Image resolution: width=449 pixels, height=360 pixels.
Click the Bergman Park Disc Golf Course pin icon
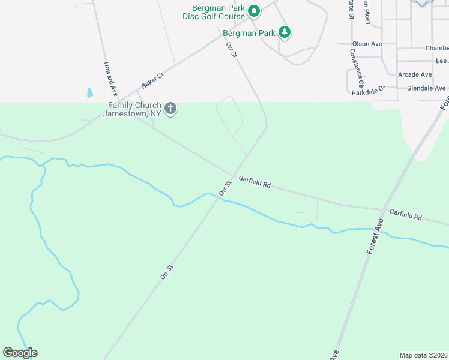click(254, 10)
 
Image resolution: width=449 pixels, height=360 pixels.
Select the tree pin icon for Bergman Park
click(285, 33)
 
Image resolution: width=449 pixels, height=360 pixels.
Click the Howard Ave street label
click(110, 79)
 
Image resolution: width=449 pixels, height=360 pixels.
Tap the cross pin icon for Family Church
click(170, 109)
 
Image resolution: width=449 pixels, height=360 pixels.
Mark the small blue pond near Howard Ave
click(90, 93)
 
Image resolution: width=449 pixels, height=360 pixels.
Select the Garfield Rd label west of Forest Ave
click(255, 182)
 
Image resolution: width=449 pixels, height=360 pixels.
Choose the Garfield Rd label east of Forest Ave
click(406, 214)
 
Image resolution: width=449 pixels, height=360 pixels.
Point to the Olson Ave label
click(367, 44)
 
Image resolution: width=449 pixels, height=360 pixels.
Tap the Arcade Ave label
click(415, 74)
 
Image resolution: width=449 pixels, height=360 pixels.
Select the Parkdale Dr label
click(369, 88)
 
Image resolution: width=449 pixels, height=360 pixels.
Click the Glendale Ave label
click(426, 88)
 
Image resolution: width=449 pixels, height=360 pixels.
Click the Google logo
click(20, 353)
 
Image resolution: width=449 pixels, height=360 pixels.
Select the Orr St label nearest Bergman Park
click(232, 50)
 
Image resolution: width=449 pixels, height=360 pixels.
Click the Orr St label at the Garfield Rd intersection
click(225, 188)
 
